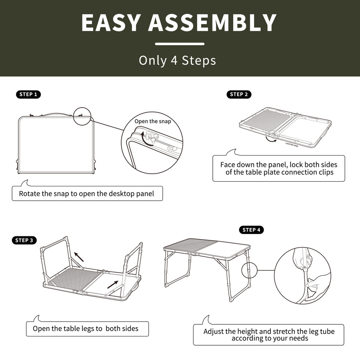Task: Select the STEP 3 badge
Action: click(25, 240)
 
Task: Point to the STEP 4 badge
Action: click(252, 230)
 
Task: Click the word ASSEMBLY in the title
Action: click(212, 23)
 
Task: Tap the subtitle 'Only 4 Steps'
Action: click(178, 60)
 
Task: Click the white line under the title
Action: click(180, 44)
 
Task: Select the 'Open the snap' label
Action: click(152, 121)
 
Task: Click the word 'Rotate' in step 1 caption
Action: click(30, 194)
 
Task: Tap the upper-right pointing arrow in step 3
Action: click(113, 285)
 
